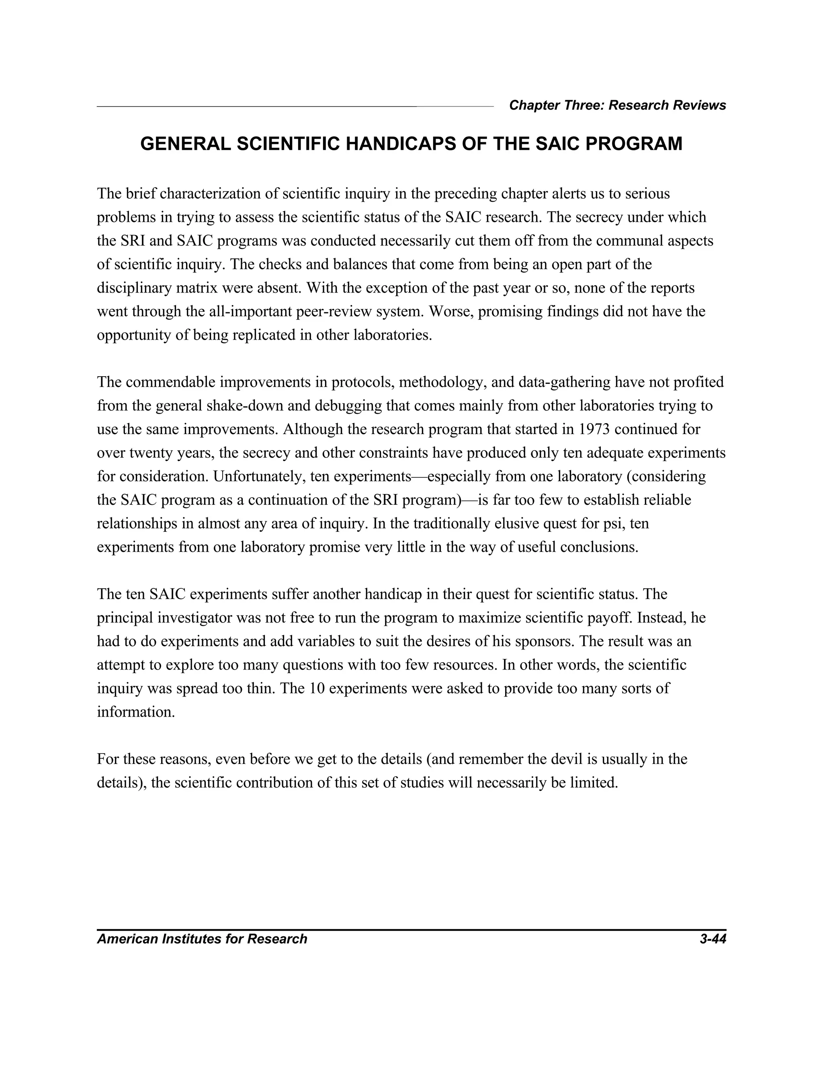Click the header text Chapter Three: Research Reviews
click(617, 105)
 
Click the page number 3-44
click(712, 939)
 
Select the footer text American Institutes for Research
click(202, 939)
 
